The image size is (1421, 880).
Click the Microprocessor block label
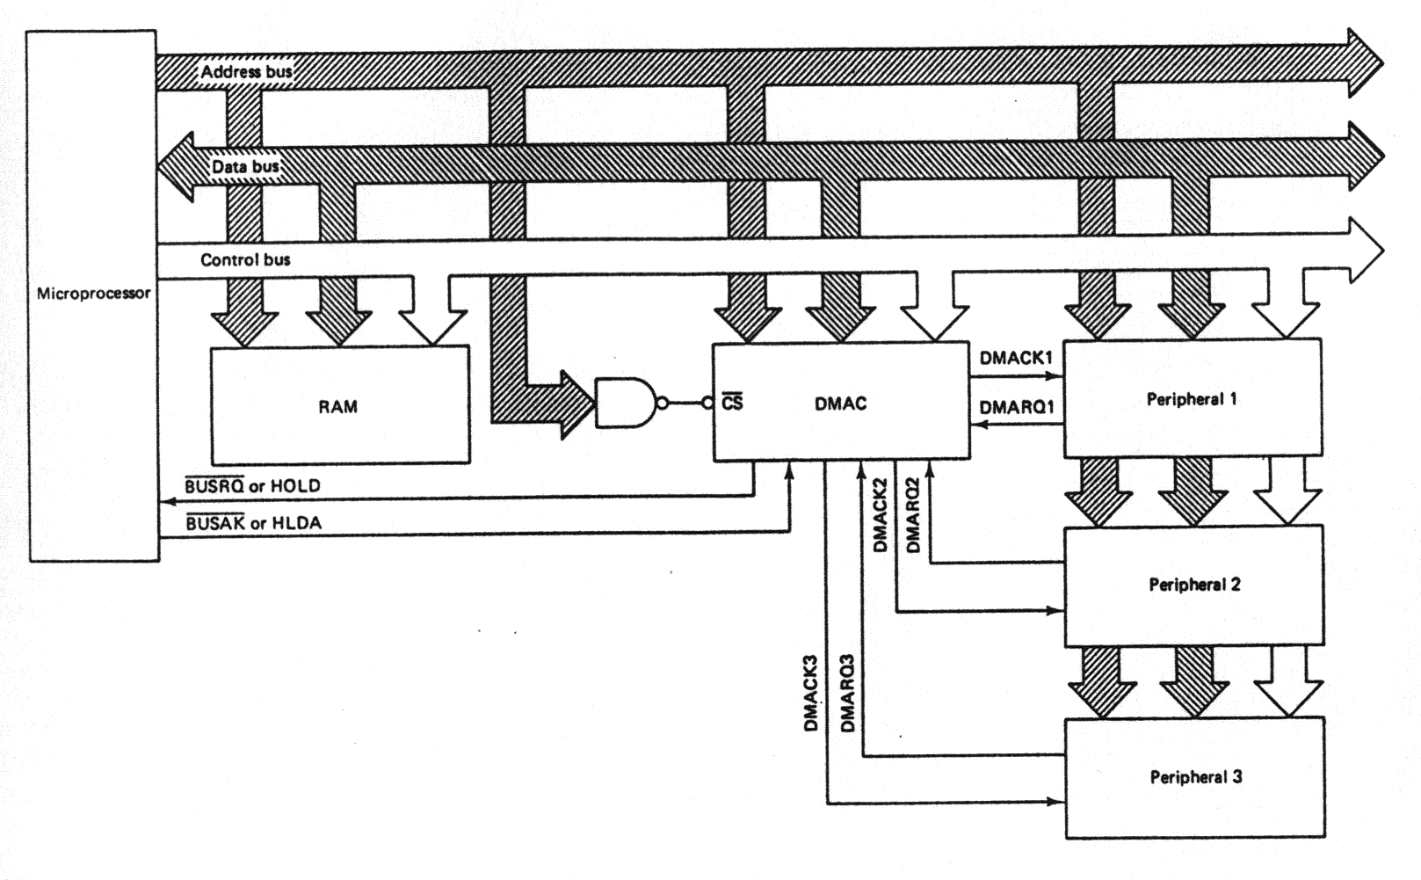coord(93,294)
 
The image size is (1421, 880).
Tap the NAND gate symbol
coord(625,404)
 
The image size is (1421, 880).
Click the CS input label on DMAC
coord(732,403)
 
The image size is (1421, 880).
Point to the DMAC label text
coord(840,404)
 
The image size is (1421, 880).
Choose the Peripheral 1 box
coord(1192,398)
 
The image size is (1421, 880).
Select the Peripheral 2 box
coord(1193,585)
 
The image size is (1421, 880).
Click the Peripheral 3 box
coord(1195,776)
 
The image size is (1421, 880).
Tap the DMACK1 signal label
coord(1016,359)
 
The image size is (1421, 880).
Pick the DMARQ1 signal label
coord(1017,407)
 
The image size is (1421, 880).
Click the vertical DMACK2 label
coord(881,515)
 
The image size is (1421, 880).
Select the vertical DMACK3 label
coord(811,694)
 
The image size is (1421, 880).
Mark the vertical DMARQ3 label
coord(848,694)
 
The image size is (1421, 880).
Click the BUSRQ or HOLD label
coord(252,485)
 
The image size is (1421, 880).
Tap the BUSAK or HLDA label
coord(253,523)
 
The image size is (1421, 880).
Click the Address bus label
coord(246,71)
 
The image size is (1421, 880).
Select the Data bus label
coord(245,166)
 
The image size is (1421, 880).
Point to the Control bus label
coord(245,259)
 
